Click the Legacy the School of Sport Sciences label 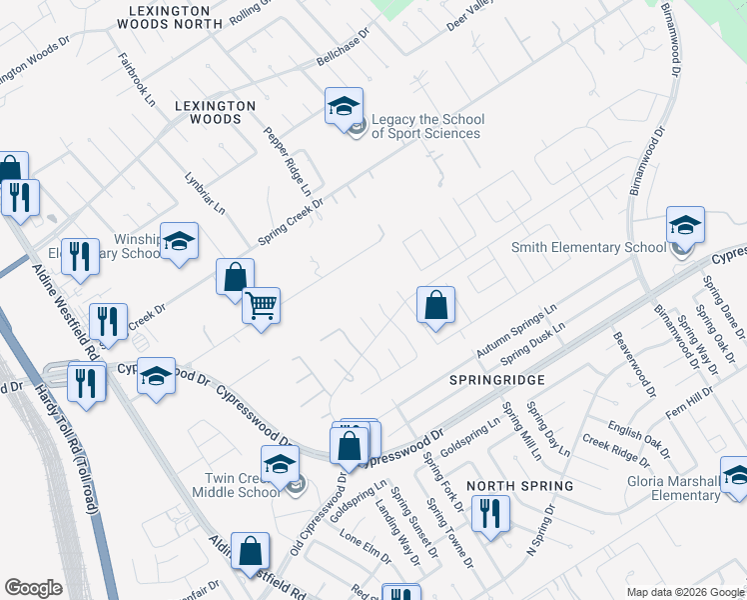pyautogui.click(x=425, y=126)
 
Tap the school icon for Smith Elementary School pyautogui.click(x=685, y=226)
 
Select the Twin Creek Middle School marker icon pyautogui.click(x=280, y=464)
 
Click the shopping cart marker pyautogui.click(x=261, y=305)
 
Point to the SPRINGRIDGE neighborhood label pyautogui.click(x=497, y=380)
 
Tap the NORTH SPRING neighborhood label pyautogui.click(x=520, y=486)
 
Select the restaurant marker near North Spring pyautogui.click(x=489, y=514)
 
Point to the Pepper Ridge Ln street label pyautogui.click(x=288, y=160)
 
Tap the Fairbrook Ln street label pyautogui.click(x=137, y=80)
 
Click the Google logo pyautogui.click(x=34, y=588)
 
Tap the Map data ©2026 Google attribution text pyautogui.click(x=683, y=592)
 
